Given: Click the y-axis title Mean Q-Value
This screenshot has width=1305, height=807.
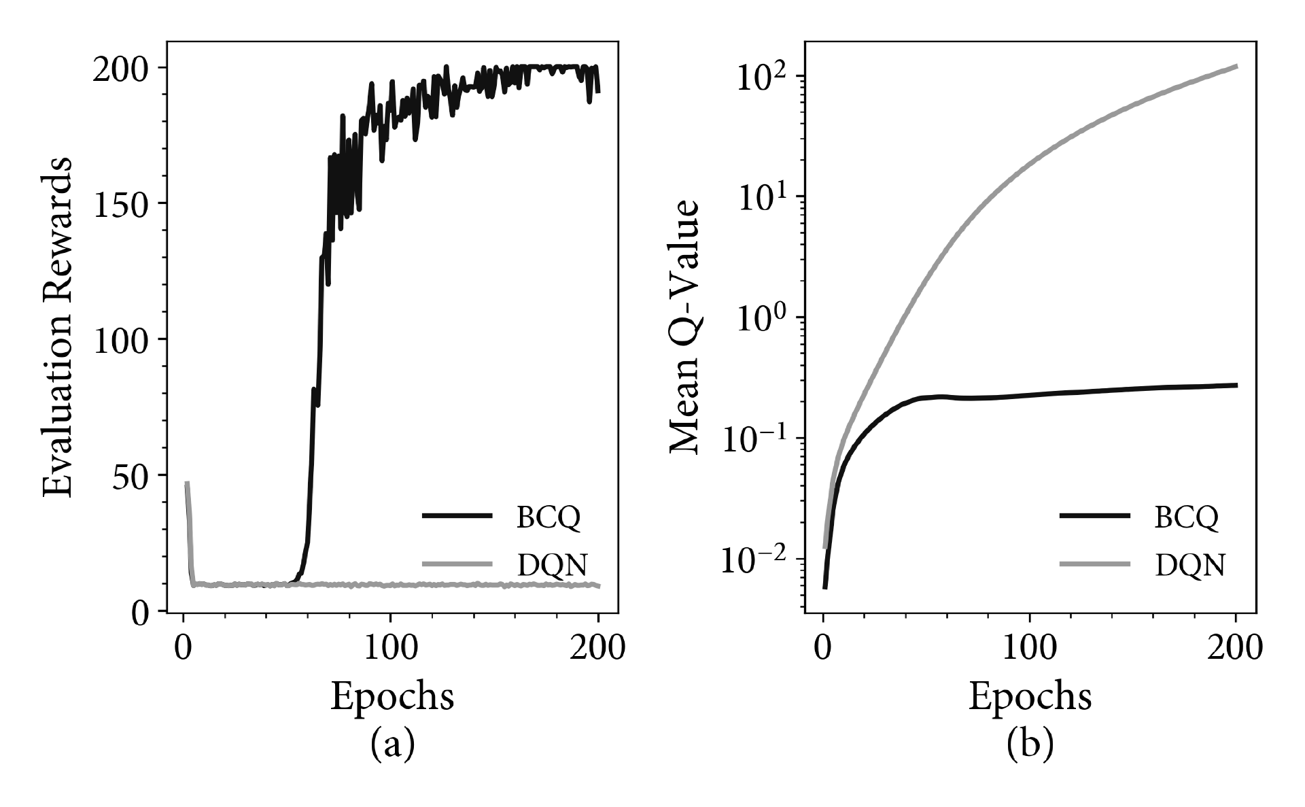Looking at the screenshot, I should click(x=685, y=327).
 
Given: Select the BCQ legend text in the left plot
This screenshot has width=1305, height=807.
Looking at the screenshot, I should click(x=548, y=517).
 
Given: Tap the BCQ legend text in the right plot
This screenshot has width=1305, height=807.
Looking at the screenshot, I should click(x=1185, y=517).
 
